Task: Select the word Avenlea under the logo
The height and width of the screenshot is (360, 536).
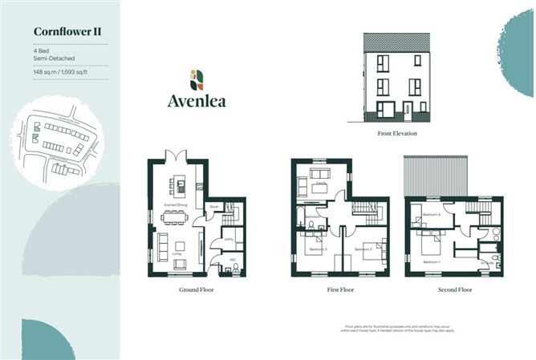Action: [196, 101]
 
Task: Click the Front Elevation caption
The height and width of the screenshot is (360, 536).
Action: [397, 134]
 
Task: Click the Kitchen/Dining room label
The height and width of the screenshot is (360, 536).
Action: [175, 206]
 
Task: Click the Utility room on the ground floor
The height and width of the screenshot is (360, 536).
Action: [228, 239]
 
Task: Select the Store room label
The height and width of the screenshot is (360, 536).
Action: [214, 207]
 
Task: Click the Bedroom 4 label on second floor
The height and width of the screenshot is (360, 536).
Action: [431, 215]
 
